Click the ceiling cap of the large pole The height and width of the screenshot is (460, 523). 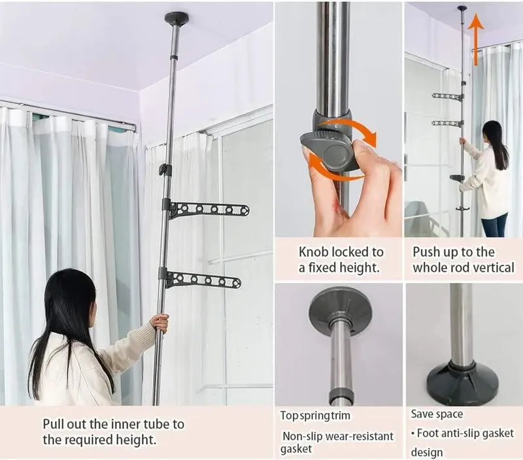tap(177, 18)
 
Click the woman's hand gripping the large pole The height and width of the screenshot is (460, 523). tap(160, 323)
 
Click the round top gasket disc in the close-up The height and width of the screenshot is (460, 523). tap(340, 309)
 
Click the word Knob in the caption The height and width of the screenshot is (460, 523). tap(312, 252)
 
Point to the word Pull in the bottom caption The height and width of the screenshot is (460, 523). tap(54, 424)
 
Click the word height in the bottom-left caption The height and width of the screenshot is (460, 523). tap(136, 440)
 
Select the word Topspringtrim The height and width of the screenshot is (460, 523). tap(315, 416)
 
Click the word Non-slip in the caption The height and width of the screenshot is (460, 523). tap(302, 436)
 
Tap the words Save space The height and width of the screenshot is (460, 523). tap(437, 414)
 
